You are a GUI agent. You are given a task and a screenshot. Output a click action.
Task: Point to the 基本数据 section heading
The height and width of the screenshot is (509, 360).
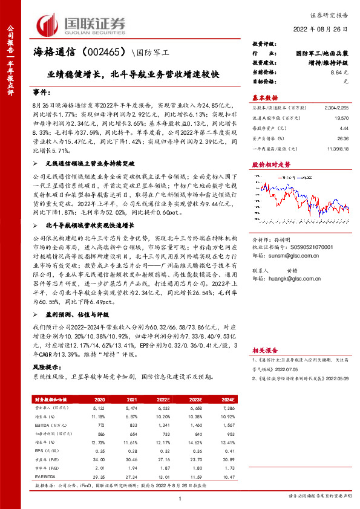pos(264,97)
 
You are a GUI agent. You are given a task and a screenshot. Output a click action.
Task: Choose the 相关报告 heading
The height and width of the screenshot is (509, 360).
pos(264,350)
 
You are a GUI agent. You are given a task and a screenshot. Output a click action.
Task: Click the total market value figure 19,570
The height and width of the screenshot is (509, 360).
pos(342,120)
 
